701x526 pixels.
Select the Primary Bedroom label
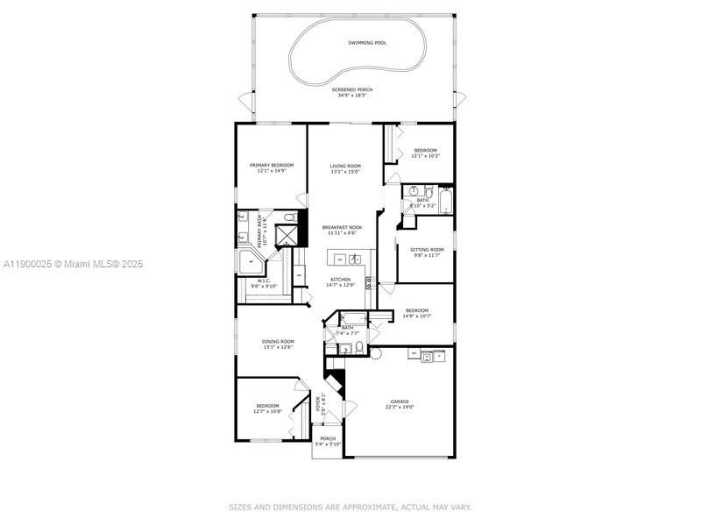[271, 165]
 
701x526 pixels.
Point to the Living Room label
[345, 165]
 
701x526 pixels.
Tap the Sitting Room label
[427, 250]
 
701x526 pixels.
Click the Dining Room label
[278, 341]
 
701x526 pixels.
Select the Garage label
[400, 402]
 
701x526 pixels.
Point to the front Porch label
[328, 438]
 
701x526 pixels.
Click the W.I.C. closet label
[263, 281]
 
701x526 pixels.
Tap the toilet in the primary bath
[289, 217]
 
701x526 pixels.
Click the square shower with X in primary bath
[287, 236]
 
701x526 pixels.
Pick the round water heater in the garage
[376, 353]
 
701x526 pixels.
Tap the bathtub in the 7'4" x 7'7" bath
[352, 318]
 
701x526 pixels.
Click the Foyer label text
[319, 404]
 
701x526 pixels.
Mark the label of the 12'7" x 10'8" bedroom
[267, 405]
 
